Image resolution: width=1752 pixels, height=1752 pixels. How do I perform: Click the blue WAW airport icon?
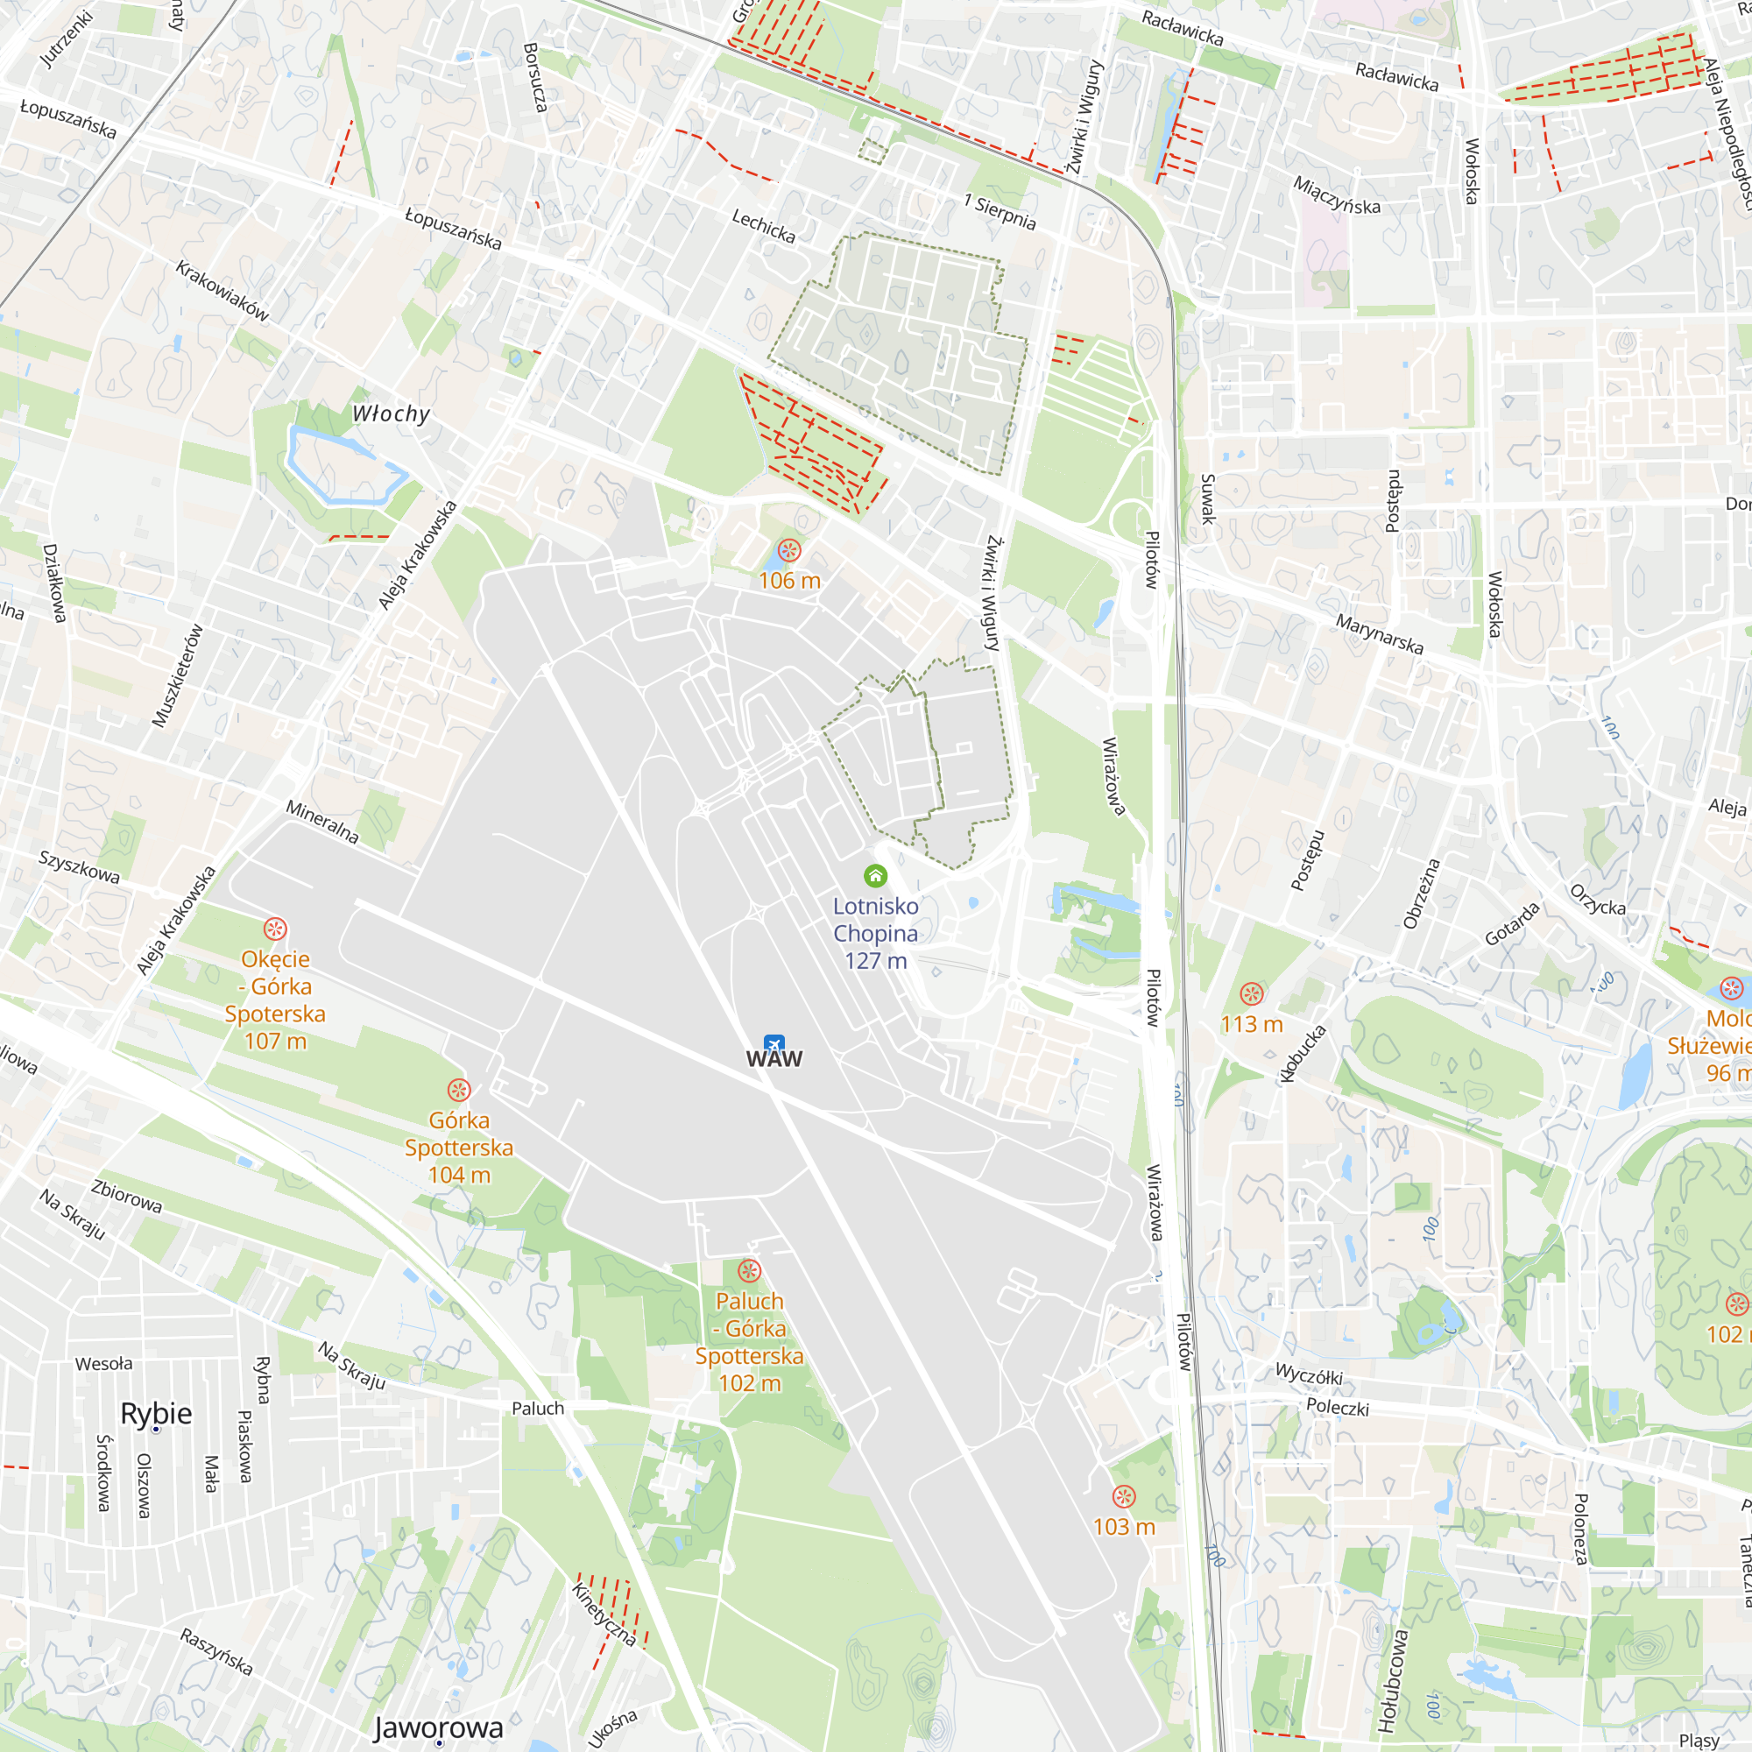tap(774, 1042)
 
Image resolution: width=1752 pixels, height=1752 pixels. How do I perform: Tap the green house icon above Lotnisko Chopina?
tap(875, 875)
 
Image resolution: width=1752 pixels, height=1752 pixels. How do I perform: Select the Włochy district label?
tap(391, 413)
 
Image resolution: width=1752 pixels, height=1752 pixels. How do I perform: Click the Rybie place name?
tap(156, 1414)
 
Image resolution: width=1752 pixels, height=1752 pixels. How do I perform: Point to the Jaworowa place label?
tap(438, 1727)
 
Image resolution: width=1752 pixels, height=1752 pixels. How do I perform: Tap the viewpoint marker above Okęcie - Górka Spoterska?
tap(275, 929)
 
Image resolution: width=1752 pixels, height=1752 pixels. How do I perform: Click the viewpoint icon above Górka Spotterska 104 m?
tap(459, 1090)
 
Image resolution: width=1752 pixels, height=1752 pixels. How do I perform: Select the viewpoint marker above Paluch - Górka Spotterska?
tap(749, 1270)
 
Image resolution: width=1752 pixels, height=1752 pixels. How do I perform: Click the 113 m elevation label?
tap(1252, 1025)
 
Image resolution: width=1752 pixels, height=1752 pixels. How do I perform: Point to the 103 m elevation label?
tap(1124, 1527)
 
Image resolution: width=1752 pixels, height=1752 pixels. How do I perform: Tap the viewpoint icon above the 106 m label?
tap(789, 550)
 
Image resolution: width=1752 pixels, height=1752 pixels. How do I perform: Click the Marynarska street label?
tap(1380, 634)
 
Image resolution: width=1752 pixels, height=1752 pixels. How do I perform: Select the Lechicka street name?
tap(764, 226)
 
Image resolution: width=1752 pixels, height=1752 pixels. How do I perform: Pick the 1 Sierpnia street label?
tap(1000, 211)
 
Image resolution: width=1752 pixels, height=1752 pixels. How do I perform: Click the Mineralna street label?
tap(321, 822)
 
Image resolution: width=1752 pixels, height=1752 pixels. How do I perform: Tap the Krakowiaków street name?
tap(223, 291)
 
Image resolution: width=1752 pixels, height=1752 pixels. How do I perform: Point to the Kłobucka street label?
tap(1303, 1054)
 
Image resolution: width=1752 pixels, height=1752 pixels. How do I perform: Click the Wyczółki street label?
tap(1309, 1374)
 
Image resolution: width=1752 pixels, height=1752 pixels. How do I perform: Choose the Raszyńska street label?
tap(215, 1650)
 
